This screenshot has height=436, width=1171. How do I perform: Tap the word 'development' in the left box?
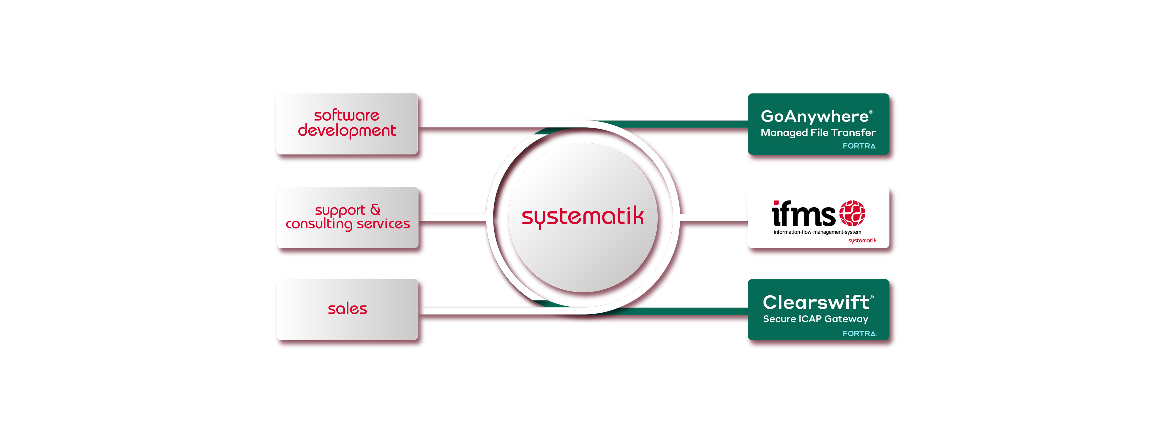[347, 131]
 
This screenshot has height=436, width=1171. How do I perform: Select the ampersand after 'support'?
[375, 209]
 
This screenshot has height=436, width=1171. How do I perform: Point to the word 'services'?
[383, 223]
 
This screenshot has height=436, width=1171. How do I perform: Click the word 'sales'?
[347, 309]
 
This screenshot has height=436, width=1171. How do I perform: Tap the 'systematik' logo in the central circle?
[583, 217]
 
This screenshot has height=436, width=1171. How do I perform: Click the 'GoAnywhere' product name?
[815, 117]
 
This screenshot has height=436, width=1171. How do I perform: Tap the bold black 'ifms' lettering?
[803, 214]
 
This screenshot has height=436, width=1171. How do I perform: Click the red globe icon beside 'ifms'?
[852, 213]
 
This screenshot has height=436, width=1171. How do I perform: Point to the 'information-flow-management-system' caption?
[817, 232]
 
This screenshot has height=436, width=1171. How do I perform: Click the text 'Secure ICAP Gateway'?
[815, 319]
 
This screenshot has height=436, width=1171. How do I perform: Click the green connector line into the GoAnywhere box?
[673, 124]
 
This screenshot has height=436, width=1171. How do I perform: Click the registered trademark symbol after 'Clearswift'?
[872, 297]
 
